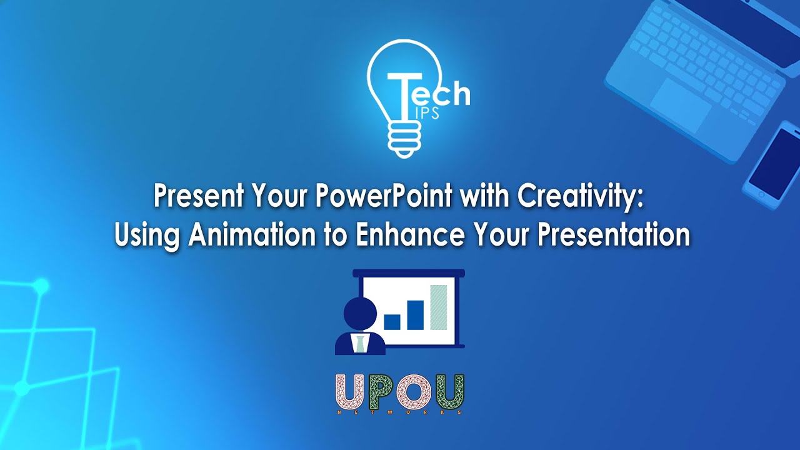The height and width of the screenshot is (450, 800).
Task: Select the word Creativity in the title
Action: point(576,197)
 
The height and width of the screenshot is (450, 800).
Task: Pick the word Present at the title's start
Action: point(199,196)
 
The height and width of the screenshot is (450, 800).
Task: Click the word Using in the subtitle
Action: point(147,236)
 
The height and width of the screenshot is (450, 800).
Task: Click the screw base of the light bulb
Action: point(404,139)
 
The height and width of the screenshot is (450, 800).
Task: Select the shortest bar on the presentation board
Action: point(392,322)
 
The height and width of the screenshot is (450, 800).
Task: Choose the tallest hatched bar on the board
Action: point(439,307)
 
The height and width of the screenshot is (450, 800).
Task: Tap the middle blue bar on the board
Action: point(415,315)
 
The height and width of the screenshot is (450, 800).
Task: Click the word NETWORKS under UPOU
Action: point(399,412)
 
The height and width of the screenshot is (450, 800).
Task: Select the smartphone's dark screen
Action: point(775,164)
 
